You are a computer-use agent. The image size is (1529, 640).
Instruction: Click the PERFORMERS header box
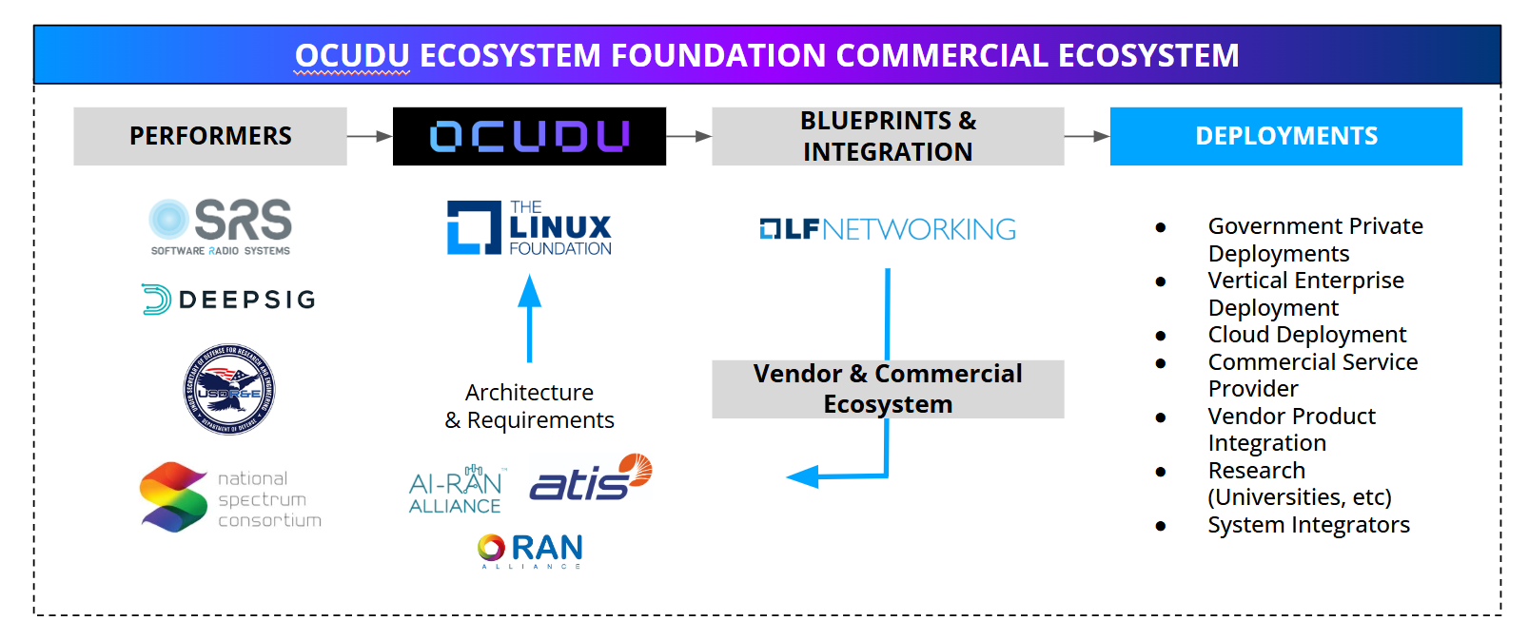210,136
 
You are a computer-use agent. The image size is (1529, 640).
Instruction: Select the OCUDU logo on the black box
529,136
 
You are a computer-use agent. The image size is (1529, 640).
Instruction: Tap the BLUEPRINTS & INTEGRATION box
888,136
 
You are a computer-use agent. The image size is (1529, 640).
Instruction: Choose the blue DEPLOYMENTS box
1285,136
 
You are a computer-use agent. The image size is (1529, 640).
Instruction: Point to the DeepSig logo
229,300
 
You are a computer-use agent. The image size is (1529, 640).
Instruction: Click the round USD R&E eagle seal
229,390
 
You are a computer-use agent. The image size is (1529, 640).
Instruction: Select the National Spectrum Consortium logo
230,497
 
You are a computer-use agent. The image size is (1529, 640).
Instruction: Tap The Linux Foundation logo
529,228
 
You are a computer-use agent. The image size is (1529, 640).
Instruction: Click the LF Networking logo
888,229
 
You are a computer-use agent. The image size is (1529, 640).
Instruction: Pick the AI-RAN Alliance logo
457,491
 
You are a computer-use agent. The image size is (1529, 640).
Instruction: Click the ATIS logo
590,477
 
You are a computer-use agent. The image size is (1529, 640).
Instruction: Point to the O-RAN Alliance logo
530,550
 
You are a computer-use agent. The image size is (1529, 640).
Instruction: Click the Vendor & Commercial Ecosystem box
888,389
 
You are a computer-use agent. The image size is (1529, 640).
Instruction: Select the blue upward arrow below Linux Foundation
530,318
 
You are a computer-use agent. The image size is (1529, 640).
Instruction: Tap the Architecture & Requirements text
530,406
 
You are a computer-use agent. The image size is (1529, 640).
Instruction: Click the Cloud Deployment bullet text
1306,335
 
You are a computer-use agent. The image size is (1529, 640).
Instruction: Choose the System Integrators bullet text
1308,525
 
